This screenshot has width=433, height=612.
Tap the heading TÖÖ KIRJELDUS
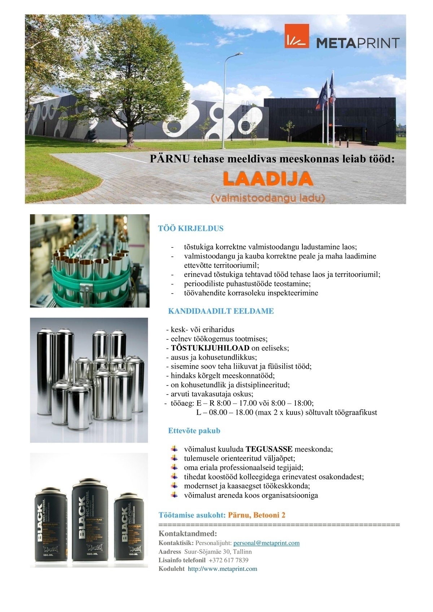click(191, 228)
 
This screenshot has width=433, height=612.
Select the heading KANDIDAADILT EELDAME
click(221, 311)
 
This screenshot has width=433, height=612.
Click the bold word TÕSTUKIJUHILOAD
click(210, 348)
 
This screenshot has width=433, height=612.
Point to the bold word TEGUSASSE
click(269, 449)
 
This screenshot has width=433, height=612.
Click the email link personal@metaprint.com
click(267, 543)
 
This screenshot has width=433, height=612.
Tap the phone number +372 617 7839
click(228, 560)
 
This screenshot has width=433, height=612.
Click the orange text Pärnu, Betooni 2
click(257, 515)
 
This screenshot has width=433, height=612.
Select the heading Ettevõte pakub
click(194, 431)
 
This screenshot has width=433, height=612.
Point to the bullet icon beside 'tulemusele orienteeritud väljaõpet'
click(175, 458)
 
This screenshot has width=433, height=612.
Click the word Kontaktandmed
click(188, 533)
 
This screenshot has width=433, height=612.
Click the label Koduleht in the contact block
click(171, 569)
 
